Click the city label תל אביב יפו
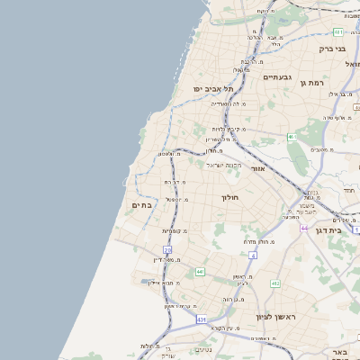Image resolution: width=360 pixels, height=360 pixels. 213,89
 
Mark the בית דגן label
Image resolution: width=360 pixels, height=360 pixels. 330,230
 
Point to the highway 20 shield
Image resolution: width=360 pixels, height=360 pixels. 167,249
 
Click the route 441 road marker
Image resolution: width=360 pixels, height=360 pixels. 200,271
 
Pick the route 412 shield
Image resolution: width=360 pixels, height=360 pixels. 274,283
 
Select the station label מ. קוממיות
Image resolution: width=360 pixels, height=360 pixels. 174,231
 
